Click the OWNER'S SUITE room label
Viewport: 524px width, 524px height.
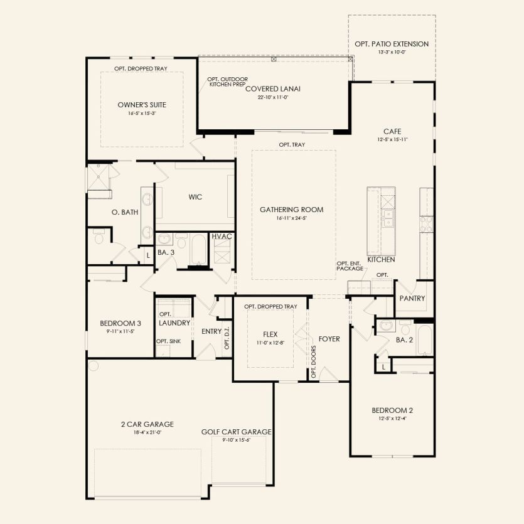(x=142, y=104)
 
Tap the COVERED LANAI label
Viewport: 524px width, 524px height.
(x=272, y=89)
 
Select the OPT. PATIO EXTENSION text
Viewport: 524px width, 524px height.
(x=392, y=44)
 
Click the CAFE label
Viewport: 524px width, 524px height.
(x=392, y=131)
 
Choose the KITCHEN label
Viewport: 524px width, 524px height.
(x=380, y=259)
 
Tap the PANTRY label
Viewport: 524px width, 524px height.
(x=412, y=299)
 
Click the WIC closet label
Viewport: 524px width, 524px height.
(x=195, y=197)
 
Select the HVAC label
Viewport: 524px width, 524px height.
(x=222, y=236)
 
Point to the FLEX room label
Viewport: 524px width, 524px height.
(x=270, y=334)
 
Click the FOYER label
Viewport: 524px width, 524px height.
(x=329, y=339)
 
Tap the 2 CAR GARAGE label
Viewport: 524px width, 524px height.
(x=147, y=424)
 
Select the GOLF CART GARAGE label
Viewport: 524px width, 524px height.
(x=236, y=432)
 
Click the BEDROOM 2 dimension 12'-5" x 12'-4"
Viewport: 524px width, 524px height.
(x=392, y=419)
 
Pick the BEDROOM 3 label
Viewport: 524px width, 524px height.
(x=117, y=324)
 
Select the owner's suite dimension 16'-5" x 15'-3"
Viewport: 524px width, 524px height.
(x=142, y=114)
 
